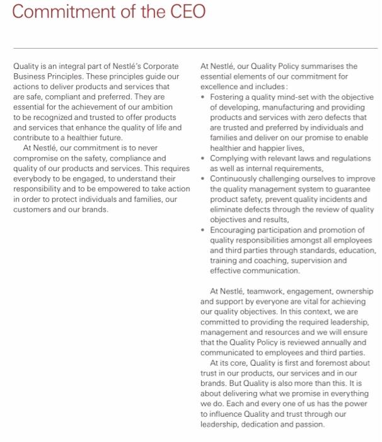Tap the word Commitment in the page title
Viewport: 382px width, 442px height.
(x=61, y=13)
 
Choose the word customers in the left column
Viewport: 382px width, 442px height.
(x=30, y=210)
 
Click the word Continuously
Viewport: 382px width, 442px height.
(x=236, y=179)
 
